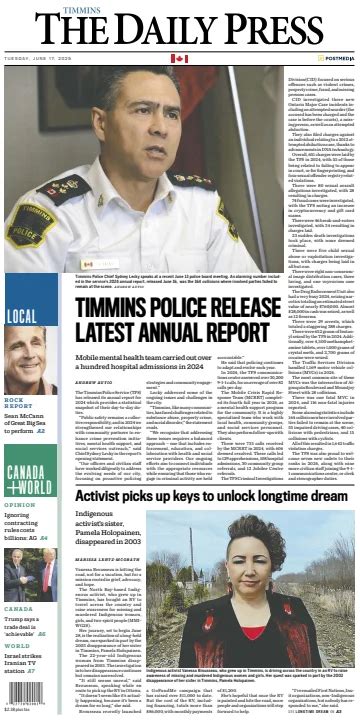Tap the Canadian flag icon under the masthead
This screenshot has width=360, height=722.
(179, 59)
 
